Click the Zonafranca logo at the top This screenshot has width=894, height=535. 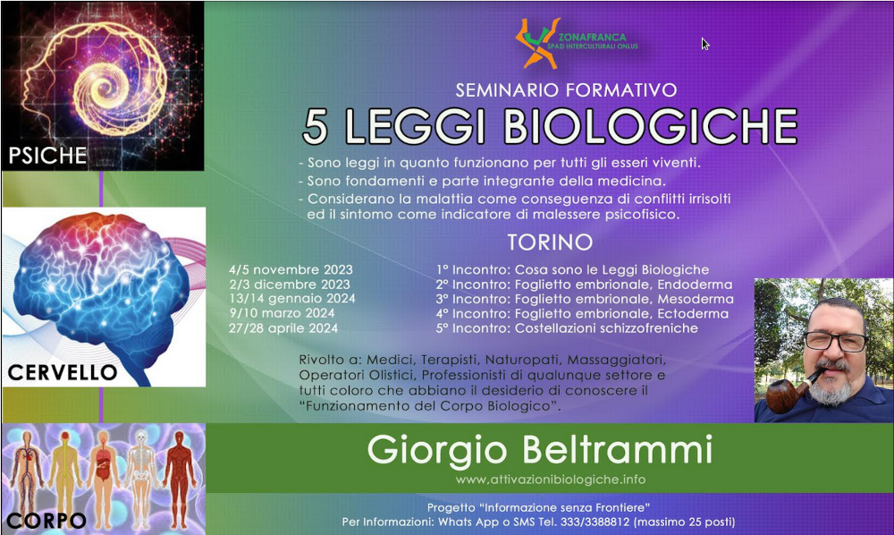576,43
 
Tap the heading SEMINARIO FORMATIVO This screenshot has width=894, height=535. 566,90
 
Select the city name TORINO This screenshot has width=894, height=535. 550,242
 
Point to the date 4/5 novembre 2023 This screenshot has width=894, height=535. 291,270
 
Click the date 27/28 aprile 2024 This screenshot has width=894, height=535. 283,328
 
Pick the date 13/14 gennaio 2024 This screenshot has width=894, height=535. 292,299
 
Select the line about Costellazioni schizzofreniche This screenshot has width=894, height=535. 568,328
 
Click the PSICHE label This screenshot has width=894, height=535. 47,156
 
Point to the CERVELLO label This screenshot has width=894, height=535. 63,372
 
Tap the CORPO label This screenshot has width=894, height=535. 46,520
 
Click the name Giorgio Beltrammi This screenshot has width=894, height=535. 540,450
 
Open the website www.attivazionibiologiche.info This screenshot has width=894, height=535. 550,480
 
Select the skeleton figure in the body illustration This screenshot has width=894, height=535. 140,476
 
